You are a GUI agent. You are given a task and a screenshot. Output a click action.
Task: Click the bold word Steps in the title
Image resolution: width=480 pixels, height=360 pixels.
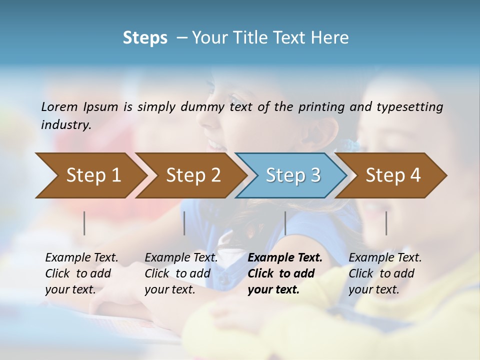click(145, 38)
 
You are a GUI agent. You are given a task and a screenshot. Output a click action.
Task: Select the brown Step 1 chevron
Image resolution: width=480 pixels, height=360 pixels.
click(90, 175)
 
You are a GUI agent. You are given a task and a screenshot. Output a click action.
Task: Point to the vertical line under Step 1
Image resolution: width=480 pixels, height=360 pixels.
click(84, 223)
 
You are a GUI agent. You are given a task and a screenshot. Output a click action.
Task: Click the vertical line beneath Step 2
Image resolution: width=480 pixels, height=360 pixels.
click(184, 223)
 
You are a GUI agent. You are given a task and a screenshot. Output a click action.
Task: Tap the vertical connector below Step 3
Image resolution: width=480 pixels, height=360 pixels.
click(285, 223)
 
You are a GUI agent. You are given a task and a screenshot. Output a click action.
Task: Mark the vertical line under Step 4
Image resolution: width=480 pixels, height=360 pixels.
click(386, 223)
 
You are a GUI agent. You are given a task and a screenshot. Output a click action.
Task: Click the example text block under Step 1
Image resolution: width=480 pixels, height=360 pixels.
click(81, 273)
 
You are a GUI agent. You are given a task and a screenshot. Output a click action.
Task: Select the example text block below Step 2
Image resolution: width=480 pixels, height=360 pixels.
click(181, 273)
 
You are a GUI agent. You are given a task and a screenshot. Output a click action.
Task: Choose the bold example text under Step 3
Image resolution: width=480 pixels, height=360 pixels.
click(285, 273)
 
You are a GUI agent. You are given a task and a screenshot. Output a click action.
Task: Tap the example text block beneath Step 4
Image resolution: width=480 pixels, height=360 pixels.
click(385, 273)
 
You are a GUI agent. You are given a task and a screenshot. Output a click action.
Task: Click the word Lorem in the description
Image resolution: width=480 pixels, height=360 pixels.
click(59, 106)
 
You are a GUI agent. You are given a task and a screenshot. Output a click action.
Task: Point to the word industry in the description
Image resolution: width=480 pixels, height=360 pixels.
click(65, 124)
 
